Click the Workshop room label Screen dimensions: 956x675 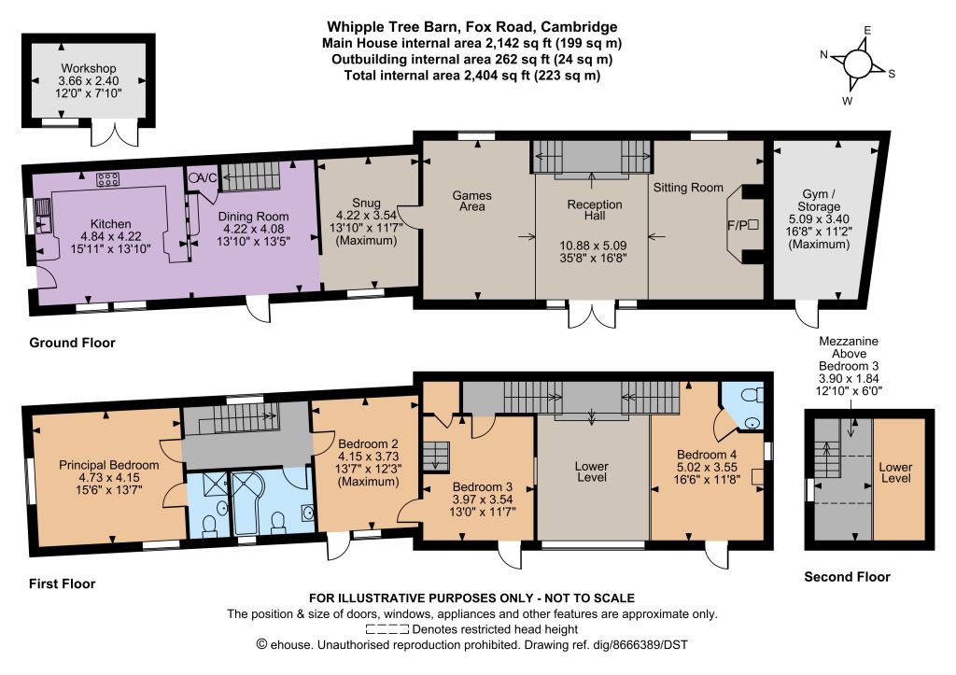pos(89,68)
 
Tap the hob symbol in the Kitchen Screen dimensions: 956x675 pos(108,179)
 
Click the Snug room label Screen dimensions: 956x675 pos(366,203)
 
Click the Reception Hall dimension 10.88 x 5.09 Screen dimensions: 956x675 pos(593,246)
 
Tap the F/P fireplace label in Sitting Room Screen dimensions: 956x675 pos(738,225)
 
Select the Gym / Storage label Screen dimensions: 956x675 pos(819,200)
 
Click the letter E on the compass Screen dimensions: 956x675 pos(867,31)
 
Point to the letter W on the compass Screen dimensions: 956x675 pos(848,101)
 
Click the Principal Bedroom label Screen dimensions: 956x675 pos(109,465)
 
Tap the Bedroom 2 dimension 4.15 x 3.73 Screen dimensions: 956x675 pos(369,457)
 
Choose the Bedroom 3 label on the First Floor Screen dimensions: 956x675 pos(483,486)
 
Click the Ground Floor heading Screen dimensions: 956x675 pos(72,343)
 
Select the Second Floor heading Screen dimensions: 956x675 pos(847,577)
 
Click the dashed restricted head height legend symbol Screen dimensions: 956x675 pos(387,629)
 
